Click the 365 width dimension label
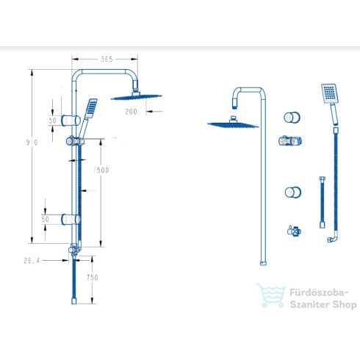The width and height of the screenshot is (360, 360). (x=107, y=59)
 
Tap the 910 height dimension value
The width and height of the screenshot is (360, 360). (x=32, y=143)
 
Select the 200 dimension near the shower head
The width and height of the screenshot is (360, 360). (x=131, y=112)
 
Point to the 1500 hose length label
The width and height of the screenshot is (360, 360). (x=101, y=170)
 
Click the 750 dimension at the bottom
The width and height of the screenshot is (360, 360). (x=93, y=278)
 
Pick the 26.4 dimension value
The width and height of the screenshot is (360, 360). (x=32, y=261)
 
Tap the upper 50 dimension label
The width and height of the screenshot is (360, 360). (x=53, y=120)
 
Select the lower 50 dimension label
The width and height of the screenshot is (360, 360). (x=46, y=219)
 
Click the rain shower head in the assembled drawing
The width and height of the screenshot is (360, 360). (x=136, y=97)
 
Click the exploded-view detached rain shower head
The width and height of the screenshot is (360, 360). (x=233, y=123)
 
